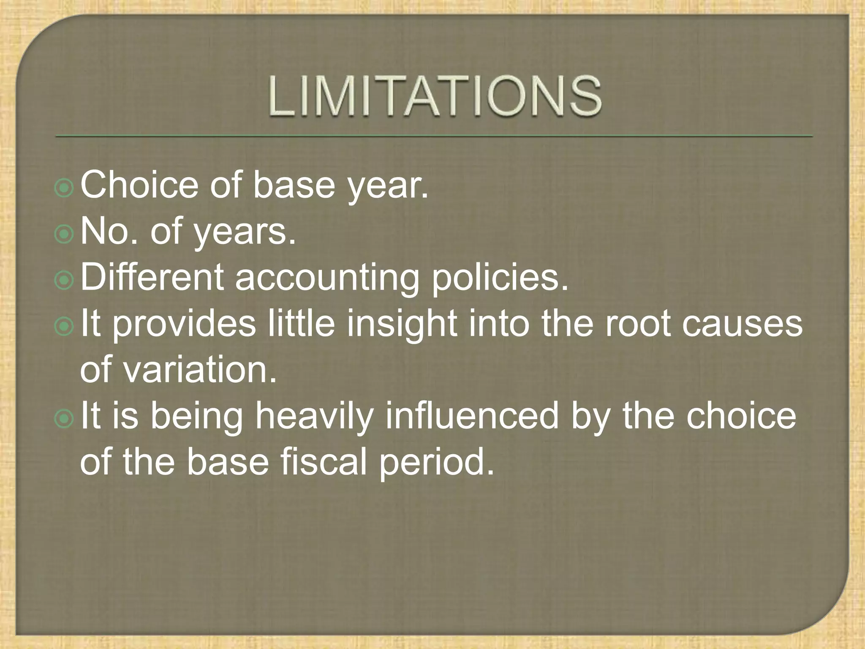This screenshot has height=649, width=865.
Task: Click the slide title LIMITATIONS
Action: [x=435, y=96]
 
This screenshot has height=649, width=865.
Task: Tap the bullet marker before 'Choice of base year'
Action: [x=65, y=189]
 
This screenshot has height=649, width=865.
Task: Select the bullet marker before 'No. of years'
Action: [x=65, y=235]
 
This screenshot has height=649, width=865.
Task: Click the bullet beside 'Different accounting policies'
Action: [x=65, y=281]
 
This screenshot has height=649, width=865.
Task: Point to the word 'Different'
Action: [x=152, y=278]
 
